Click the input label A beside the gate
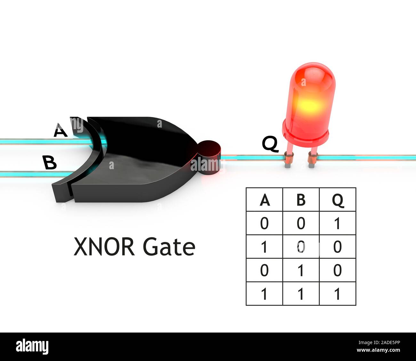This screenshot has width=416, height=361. pyautogui.click(x=60, y=130)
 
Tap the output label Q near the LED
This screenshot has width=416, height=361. pyautogui.click(x=270, y=144)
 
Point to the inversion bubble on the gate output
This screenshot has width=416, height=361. pyautogui.click(x=210, y=157)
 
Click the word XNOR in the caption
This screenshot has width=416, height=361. pyautogui.click(x=104, y=247)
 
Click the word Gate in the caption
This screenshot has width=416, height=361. pyautogui.click(x=169, y=247)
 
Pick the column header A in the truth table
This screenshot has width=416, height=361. pyautogui.click(x=265, y=200)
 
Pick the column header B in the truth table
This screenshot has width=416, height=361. pyautogui.click(x=301, y=200)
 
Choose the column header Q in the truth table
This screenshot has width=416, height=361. pyautogui.click(x=338, y=200)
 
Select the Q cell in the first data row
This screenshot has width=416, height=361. pyautogui.click(x=338, y=223)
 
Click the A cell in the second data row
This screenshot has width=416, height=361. pyautogui.click(x=264, y=247)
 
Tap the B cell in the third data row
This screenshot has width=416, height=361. pyautogui.click(x=301, y=271)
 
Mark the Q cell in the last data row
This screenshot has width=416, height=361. pyautogui.click(x=338, y=294)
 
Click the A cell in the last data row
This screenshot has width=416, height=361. pyautogui.click(x=264, y=294)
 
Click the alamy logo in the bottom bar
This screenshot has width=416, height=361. pyautogui.click(x=32, y=347)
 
